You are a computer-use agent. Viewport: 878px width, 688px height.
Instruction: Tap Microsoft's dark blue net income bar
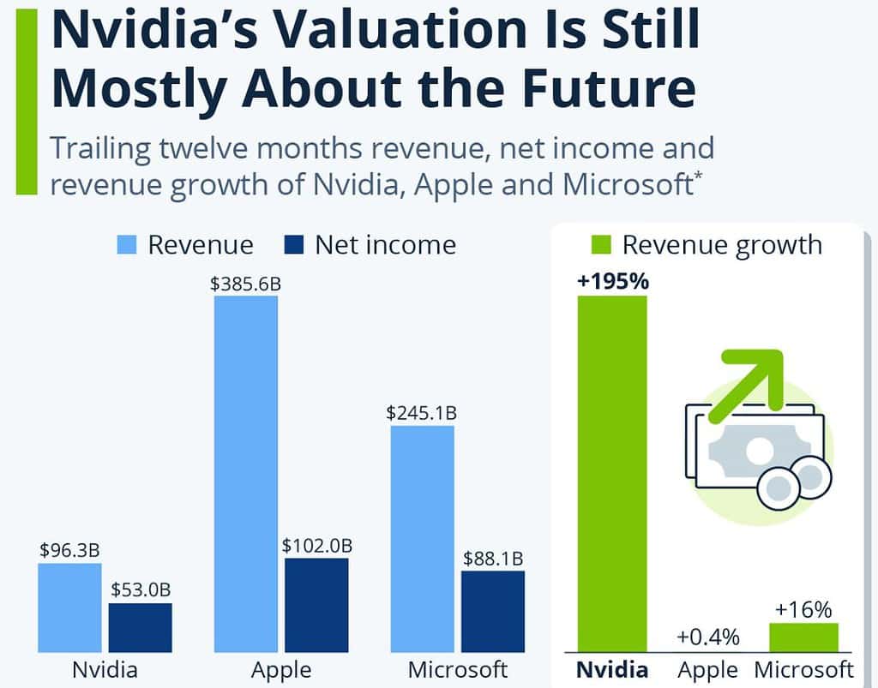pos(493,611)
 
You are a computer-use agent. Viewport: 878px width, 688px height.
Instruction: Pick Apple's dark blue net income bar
pos(316,605)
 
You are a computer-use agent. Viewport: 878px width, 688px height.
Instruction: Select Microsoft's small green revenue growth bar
pos(803,637)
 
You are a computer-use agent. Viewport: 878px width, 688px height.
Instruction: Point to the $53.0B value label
pos(141,590)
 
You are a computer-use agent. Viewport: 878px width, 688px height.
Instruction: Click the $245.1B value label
pos(421,413)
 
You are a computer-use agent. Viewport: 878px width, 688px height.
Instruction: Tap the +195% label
pos(612,282)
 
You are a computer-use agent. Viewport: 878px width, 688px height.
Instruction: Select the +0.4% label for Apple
pos(707,637)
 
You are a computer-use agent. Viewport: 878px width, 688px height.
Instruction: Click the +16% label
pos(803,609)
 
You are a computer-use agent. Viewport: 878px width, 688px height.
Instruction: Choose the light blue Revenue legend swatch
pos(127,246)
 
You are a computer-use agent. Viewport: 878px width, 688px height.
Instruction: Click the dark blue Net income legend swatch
pos(293,246)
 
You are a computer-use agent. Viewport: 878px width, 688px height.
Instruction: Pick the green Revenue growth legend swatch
pos(600,246)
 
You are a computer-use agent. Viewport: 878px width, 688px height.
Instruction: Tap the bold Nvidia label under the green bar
pos(612,668)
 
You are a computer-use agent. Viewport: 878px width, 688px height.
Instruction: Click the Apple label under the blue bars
pos(281,668)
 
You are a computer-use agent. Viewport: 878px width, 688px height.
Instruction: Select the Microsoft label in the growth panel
pos(803,668)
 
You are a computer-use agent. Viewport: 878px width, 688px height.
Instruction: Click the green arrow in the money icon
pos(755,377)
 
